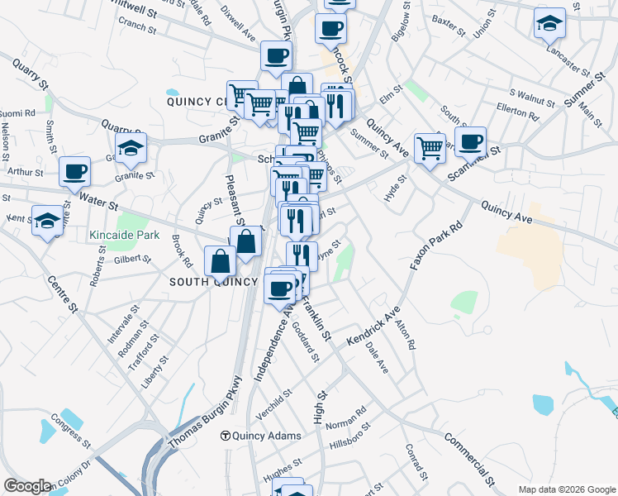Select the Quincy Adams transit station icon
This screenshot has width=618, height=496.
coord(224,436)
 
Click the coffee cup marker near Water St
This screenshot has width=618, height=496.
coord(75,171)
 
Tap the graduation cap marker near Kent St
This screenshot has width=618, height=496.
coord(48,220)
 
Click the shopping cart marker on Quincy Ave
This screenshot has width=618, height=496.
coord(430,148)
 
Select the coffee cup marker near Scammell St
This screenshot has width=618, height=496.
coord(470,141)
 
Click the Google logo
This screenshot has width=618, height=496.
coord(27,486)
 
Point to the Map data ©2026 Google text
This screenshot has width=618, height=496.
coord(568,489)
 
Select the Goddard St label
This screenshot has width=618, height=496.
coord(306,341)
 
